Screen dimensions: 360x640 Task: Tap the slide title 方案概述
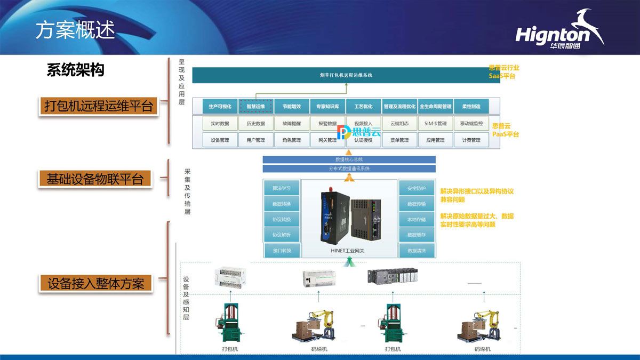(x=75, y=30)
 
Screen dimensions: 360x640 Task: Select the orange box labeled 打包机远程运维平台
(x=99, y=106)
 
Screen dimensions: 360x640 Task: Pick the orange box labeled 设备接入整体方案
(x=96, y=283)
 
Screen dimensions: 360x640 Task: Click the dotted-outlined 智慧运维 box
(x=255, y=106)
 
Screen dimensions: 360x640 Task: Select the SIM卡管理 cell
(x=435, y=123)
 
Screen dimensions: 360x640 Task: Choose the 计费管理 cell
(x=471, y=140)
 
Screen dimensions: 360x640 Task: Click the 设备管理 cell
(x=220, y=140)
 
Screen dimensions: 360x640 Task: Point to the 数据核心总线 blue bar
(x=349, y=159)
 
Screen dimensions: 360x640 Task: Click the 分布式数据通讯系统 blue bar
(x=349, y=169)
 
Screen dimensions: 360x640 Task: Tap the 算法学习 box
(x=282, y=188)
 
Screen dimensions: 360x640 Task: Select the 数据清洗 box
(x=417, y=250)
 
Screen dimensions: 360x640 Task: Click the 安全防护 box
(x=417, y=188)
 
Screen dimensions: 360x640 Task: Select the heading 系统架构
(x=75, y=70)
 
